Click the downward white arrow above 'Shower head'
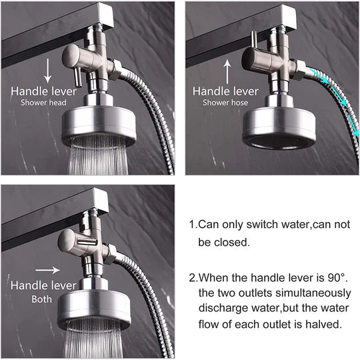(47, 71)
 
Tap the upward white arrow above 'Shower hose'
(227, 71)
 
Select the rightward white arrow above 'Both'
(48, 270)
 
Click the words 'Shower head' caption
(43, 103)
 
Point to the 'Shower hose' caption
(225, 103)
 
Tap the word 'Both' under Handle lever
(41, 299)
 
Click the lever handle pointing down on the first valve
(77, 77)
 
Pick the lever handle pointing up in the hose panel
(254, 40)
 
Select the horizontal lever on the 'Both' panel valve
(87, 242)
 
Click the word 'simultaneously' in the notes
(313, 293)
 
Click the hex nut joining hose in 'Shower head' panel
(115, 70)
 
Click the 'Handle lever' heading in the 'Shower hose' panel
(225, 91)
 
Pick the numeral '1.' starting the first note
(193, 224)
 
